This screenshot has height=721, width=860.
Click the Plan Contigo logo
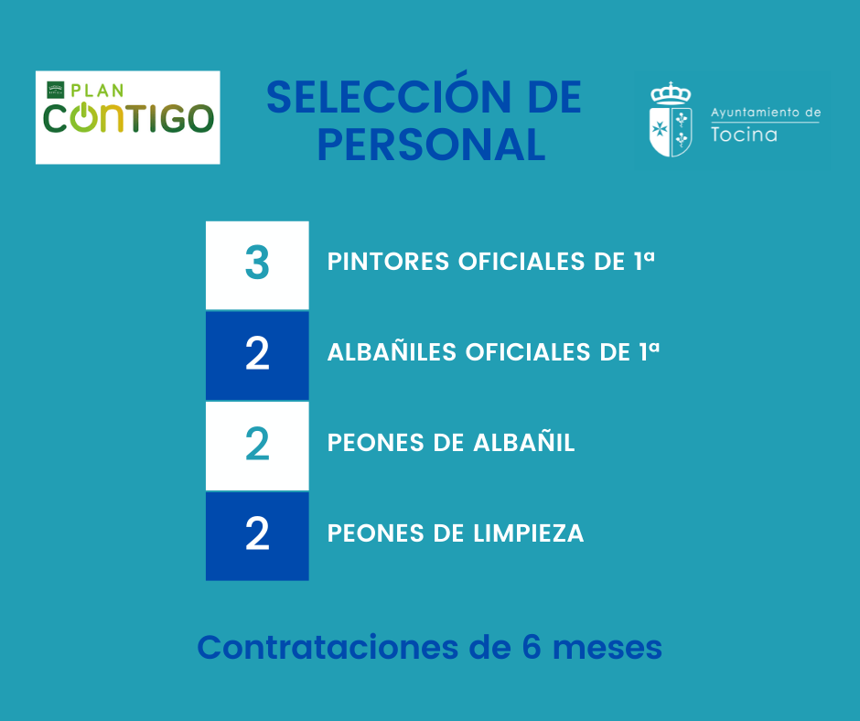[128, 117]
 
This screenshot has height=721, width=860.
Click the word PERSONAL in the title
[431, 145]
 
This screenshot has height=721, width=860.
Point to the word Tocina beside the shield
[744, 135]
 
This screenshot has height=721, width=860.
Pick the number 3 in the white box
[257, 264]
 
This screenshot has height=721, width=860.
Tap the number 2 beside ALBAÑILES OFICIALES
[257, 355]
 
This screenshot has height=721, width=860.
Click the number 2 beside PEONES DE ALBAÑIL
[257, 445]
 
